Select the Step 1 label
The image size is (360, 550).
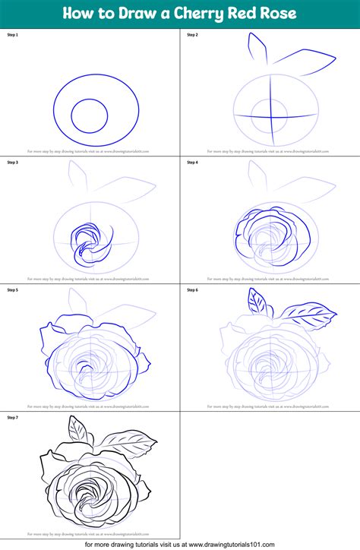tap(12, 35)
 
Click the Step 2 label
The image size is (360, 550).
tap(192, 35)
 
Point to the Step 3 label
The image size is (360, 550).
tap(12, 163)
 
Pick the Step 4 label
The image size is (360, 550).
tap(192, 163)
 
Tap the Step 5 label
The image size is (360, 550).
tap(12, 289)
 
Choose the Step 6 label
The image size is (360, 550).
tap(192, 289)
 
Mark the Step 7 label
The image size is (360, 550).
tap(12, 417)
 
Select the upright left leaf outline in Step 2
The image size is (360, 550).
tap(256, 50)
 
